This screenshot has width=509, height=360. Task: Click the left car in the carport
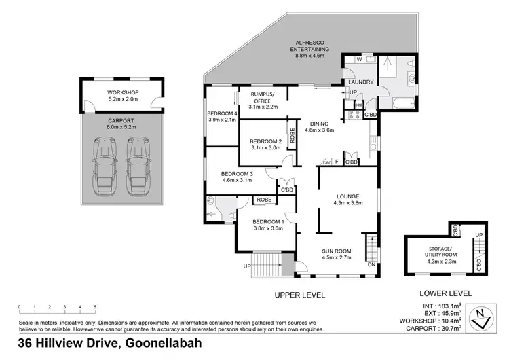[106, 164]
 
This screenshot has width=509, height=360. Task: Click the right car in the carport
[138, 164]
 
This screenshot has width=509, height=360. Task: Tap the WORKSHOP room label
[123, 92]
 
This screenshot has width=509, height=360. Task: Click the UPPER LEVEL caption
[299, 295]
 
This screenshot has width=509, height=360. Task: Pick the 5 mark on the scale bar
[95, 306]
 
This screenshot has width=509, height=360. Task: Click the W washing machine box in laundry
[358, 60]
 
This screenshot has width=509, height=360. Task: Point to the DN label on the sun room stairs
[371, 264]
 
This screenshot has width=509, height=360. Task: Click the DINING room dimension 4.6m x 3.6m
[319, 130]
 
